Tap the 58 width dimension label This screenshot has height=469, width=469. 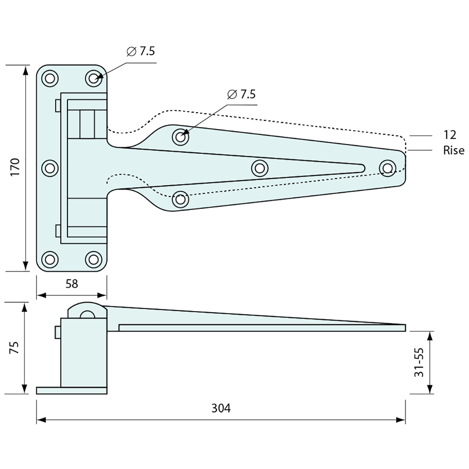click(x=72, y=284)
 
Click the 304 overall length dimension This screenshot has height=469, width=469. click(x=221, y=408)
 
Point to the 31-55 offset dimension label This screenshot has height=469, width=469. click(x=419, y=362)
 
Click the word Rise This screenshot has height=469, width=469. click(x=454, y=150)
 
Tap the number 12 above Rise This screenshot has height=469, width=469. click(x=449, y=135)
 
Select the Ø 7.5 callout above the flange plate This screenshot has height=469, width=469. click(x=141, y=52)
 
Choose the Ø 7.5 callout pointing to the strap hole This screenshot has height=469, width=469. click(x=241, y=94)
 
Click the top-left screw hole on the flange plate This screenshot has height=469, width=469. click(x=50, y=78)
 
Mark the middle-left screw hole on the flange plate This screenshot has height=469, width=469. click(x=50, y=168)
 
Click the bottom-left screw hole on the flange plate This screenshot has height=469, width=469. click(x=50, y=259)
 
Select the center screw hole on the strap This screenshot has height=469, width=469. click(x=260, y=168)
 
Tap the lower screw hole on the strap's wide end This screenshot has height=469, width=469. click(x=180, y=199)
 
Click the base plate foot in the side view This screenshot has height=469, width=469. click(x=71, y=391)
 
